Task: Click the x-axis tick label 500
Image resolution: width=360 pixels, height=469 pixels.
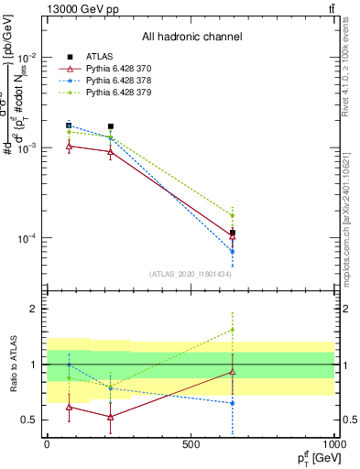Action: coord(191,443)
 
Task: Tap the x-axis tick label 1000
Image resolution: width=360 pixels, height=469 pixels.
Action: coord(333,443)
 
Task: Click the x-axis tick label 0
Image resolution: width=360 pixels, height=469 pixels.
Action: coord(47,443)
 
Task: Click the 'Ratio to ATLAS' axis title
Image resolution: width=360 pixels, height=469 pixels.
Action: coord(12,365)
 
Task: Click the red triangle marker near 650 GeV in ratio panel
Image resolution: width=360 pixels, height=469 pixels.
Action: coord(233,371)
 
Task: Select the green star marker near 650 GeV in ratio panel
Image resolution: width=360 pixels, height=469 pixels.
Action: coord(233,330)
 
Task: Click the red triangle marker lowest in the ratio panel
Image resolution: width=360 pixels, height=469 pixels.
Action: coord(111,417)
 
